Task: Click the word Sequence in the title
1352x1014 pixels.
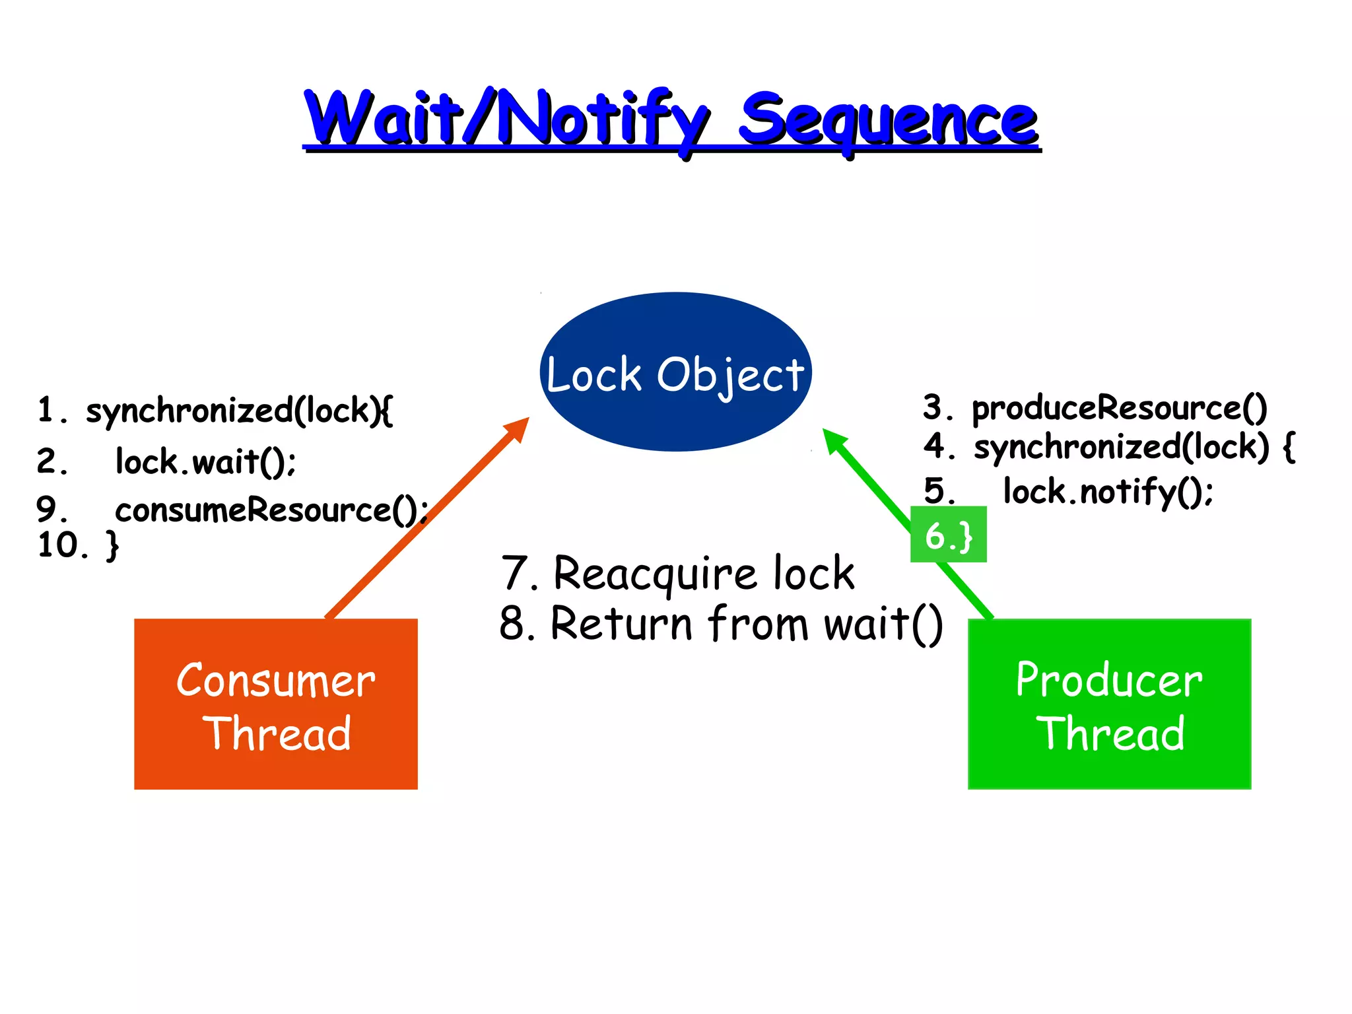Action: (x=888, y=120)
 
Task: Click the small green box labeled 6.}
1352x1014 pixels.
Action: (x=948, y=535)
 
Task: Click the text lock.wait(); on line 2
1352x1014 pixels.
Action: (x=205, y=461)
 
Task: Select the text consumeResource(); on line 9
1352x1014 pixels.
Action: (x=271, y=510)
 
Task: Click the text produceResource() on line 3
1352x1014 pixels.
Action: (x=1119, y=407)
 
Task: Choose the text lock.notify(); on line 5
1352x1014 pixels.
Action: (x=1108, y=491)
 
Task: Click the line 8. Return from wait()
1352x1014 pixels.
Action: (x=721, y=623)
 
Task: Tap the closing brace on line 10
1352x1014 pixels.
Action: (x=113, y=545)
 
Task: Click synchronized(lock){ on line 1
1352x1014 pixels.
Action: (x=239, y=411)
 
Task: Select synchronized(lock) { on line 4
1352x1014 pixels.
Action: (x=1133, y=447)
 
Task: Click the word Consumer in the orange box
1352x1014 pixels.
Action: (x=275, y=681)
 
